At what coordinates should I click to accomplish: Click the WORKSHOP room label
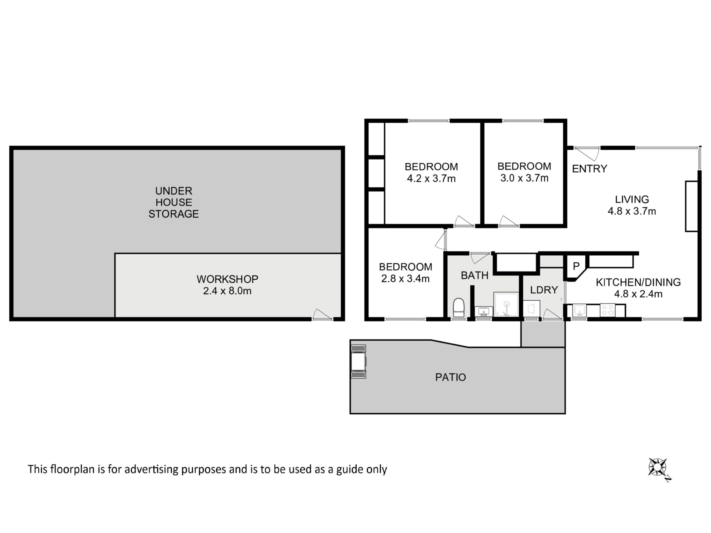pos(227,279)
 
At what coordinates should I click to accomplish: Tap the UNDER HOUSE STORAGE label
pos(174,202)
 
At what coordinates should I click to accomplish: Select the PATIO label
pos(450,377)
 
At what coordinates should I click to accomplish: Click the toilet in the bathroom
pos(458,308)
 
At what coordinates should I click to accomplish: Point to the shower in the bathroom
pos(506,304)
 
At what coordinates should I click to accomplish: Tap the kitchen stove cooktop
pos(607,310)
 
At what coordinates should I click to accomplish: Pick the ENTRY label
pos(590,169)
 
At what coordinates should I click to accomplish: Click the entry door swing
pos(587,154)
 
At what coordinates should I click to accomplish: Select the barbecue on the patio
pos(358,361)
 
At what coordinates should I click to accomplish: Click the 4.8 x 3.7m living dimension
pos(632,211)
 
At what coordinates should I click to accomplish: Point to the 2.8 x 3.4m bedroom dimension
pos(405,278)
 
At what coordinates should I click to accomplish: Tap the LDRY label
pos(544,290)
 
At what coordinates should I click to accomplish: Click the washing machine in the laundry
pos(532,308)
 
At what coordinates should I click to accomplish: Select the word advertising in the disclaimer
pos(151,470)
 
